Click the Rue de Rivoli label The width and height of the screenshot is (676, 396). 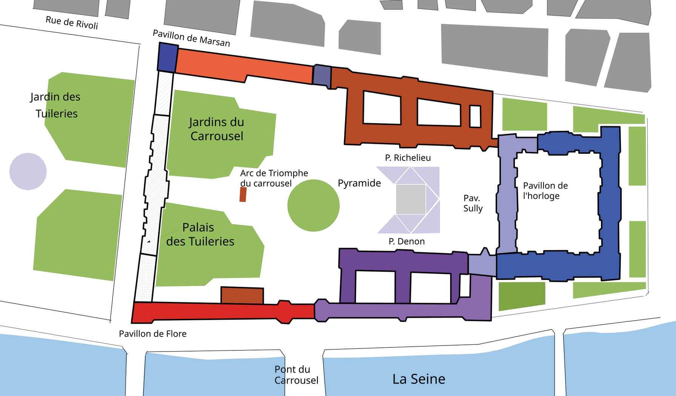(72, 23)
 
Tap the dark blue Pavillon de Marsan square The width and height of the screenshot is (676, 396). (167, 57)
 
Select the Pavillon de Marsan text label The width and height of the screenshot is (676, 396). (191, 38)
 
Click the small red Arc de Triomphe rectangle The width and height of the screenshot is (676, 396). (243, 194)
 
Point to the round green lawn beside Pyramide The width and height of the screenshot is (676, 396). (313, 205)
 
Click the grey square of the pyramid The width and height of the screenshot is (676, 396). (411, 199)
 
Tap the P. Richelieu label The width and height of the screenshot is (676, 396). (408, 157)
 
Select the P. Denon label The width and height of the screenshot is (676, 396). (407, 241)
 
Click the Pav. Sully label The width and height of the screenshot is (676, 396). (473, 203)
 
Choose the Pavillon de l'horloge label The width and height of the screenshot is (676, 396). (545, 191)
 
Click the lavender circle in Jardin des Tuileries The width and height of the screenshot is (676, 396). (28, 171)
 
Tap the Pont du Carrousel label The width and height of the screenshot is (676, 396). (296, 375)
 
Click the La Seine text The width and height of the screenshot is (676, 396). (419, 379)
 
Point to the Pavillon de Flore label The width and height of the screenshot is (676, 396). (152, 334)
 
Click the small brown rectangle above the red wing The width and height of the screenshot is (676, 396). (242, 295)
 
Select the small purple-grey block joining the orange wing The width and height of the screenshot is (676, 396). (322, 75)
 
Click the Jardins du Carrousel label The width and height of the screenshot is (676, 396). (216, 129)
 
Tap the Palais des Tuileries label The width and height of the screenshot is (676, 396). (200, 234)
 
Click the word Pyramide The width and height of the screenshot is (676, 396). (359, 183)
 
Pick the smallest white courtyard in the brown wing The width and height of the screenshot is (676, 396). (475, 116)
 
